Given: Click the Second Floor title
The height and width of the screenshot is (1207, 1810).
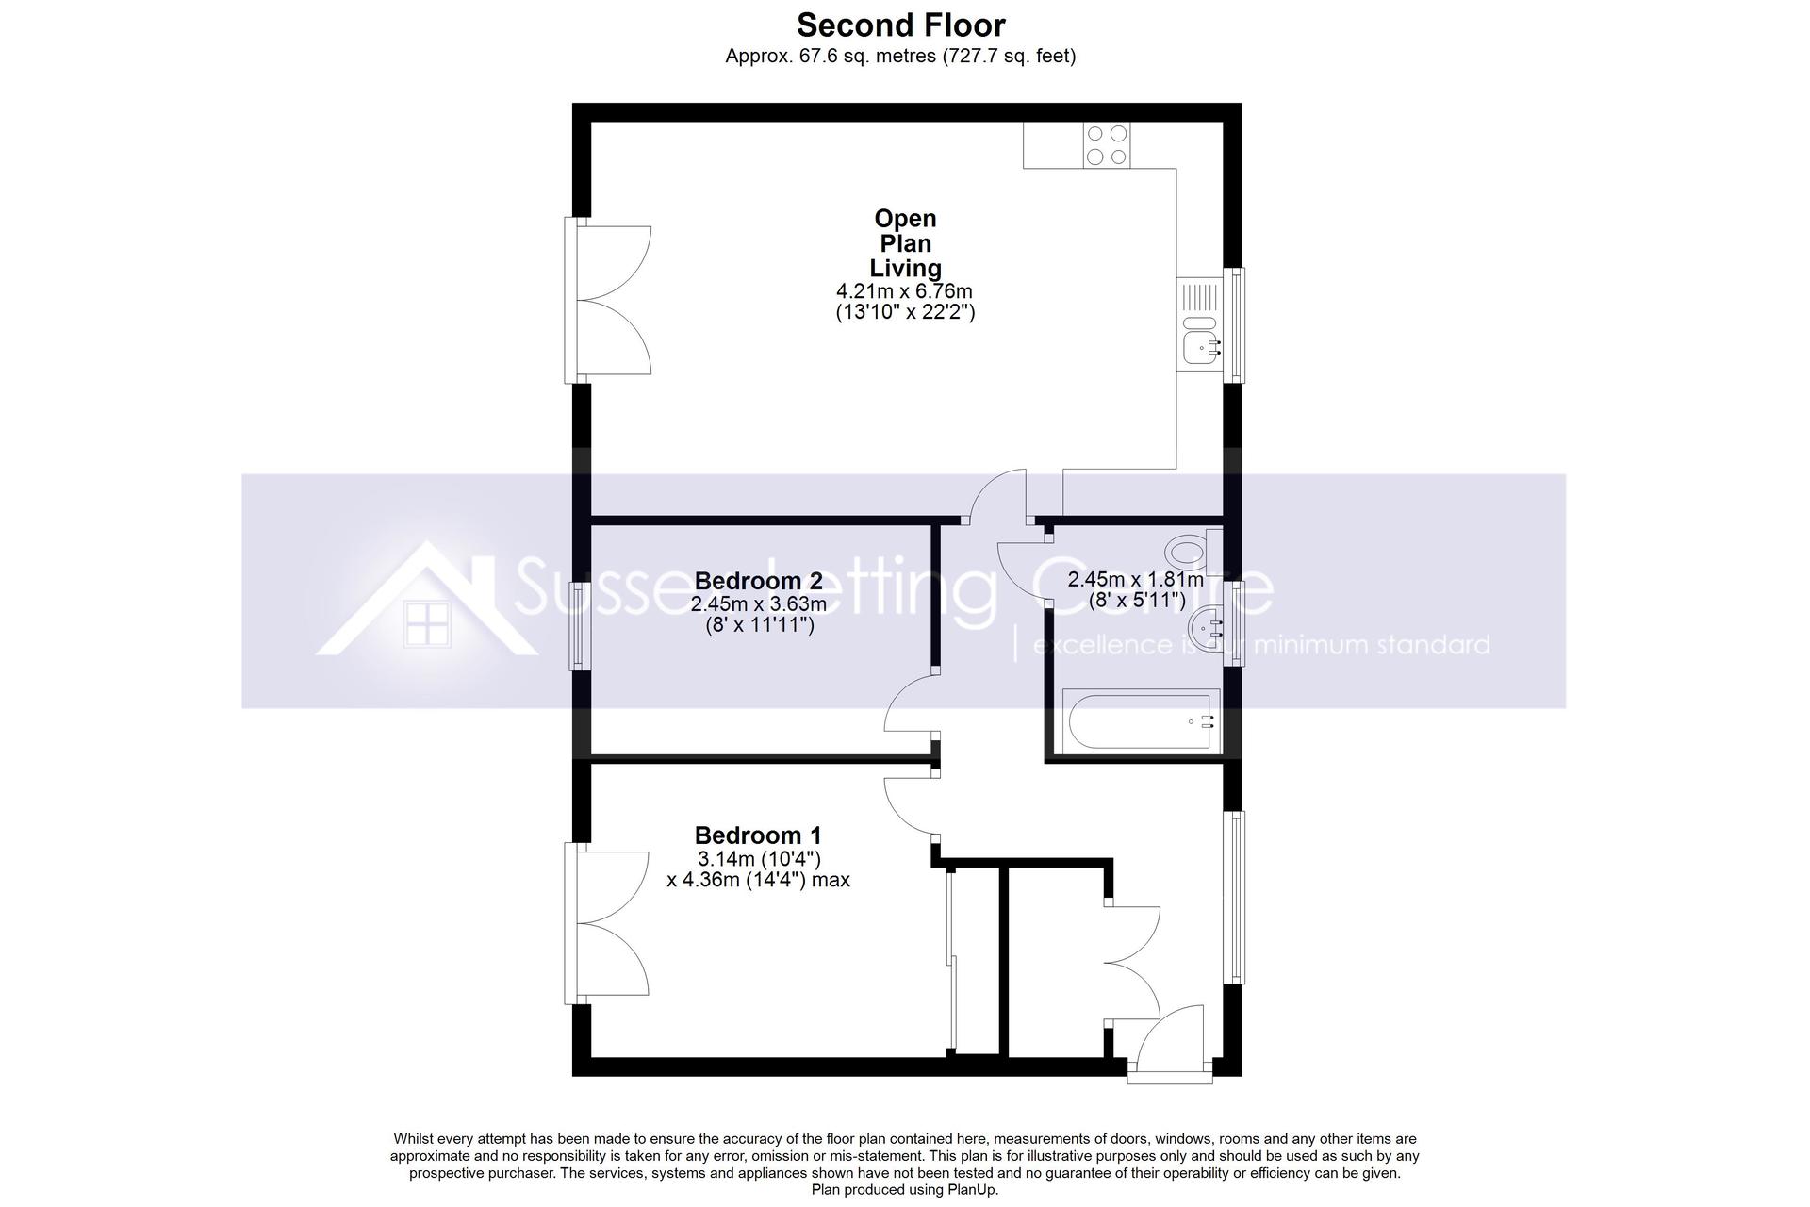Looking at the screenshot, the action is [x=901, y=25].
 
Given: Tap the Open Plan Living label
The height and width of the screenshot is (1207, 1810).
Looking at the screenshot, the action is [x=905, y=243].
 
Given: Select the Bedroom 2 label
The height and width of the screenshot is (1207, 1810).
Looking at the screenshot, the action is [x=758, y=581].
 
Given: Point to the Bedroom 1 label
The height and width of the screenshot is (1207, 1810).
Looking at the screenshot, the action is [x=758, y=835].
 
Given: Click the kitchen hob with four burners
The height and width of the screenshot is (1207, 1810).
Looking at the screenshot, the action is [x=1107, y=146].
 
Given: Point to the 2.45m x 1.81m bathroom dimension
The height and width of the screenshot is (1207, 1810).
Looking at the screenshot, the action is [x=1135, y=580].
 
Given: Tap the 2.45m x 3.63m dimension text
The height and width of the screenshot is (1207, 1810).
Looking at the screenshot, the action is [x=758, y=603].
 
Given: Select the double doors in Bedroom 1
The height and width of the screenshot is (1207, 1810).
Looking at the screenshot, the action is [x=607, y=923].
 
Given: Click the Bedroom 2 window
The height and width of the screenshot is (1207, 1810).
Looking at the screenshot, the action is [x=576, y=626].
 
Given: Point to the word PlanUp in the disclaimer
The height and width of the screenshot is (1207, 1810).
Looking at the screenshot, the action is [x=970, y=1190].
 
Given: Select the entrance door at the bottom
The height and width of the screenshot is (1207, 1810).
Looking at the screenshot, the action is [x=1169, y=1045].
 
